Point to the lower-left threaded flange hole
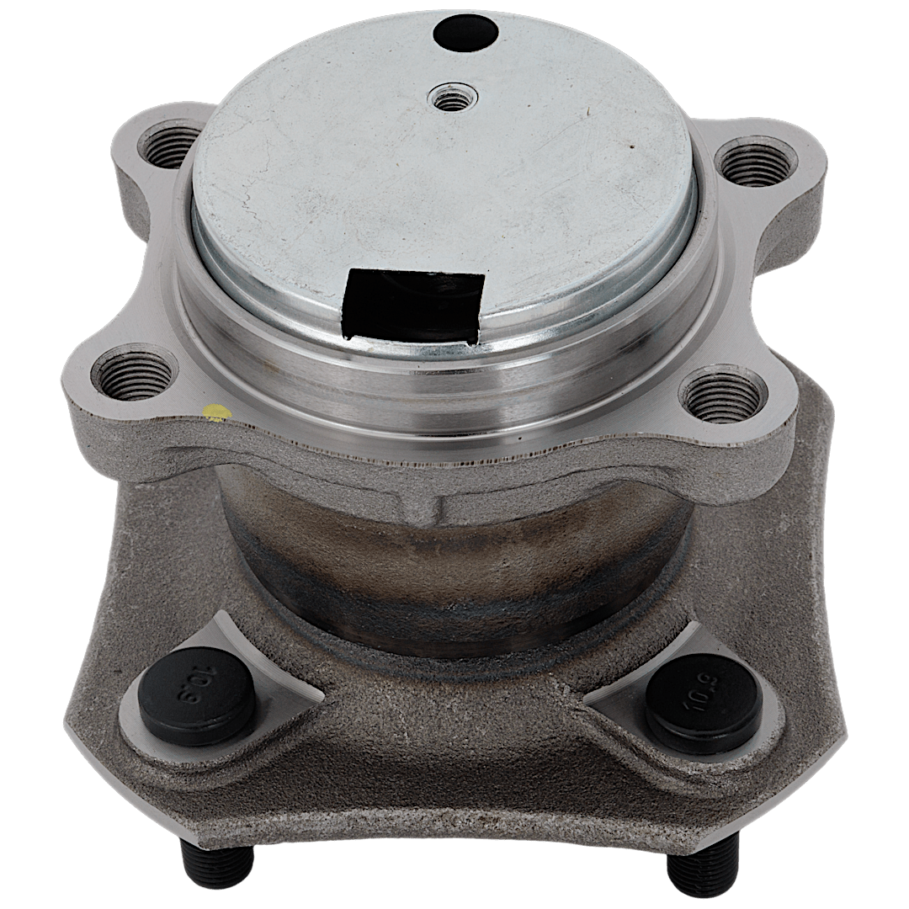135,373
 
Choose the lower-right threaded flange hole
722,397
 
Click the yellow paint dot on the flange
217,412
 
